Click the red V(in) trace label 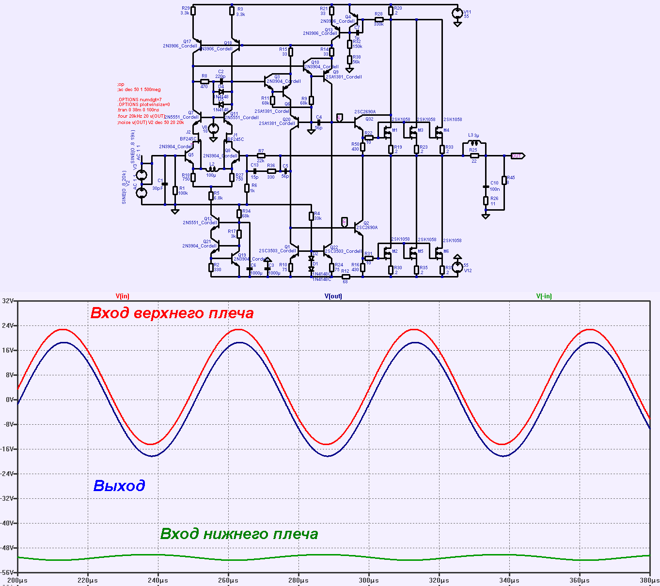tap(122, 296)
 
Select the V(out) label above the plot tap(333, 296)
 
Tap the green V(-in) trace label tap(544, 296)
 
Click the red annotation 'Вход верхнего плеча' tap(172, 313)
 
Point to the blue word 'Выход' tap(119, 485)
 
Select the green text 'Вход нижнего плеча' tap(239, 534)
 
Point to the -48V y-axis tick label tap(8, 548)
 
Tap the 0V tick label tap(10, 400)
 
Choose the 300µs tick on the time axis tap(369, 580)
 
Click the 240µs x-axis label tap(157, 580)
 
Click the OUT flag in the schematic tap(518, 156)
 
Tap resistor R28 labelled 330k tap(379, 19)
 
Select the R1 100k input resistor tap(175, 190)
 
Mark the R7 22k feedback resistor tap(261, 156)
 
